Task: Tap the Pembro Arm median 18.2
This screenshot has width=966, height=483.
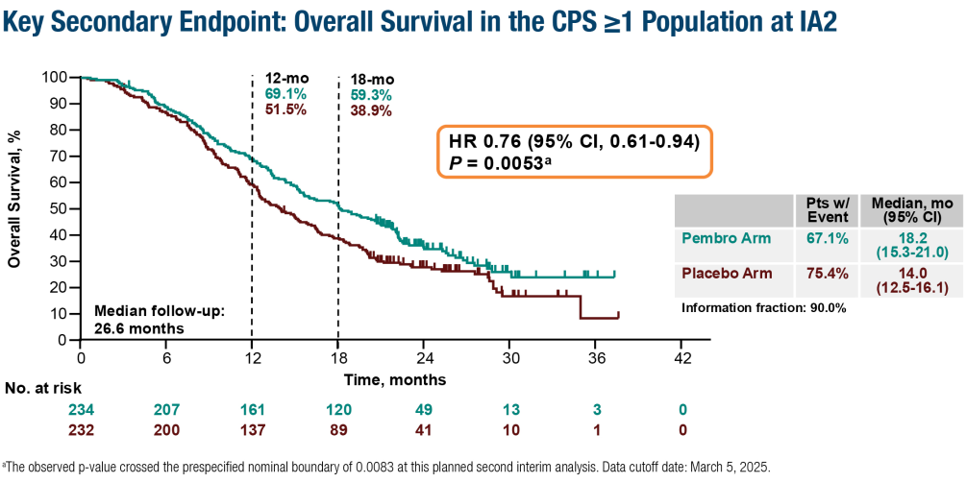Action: (904, 237)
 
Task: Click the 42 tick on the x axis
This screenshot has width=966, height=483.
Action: (681, 359)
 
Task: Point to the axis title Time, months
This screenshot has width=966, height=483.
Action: (383, 380)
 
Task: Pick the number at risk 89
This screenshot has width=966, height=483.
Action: (338, 430)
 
